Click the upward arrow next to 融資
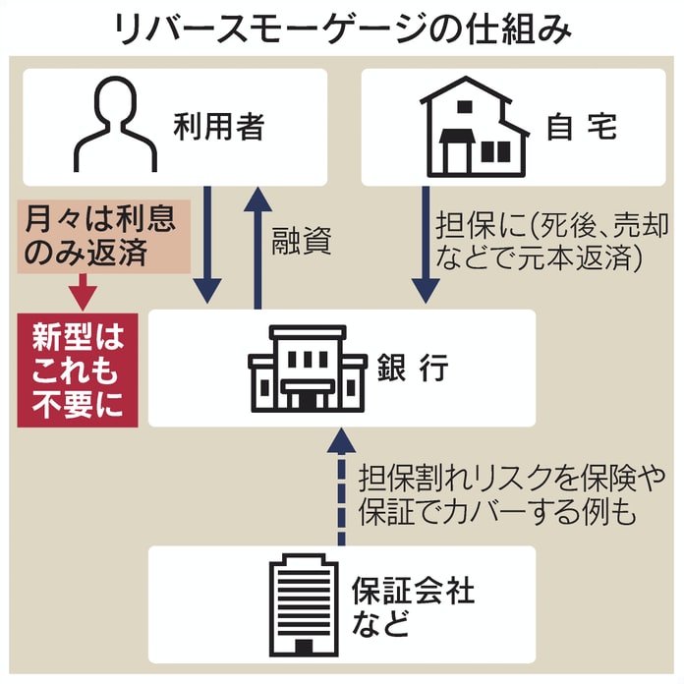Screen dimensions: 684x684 click(x=257, y=246)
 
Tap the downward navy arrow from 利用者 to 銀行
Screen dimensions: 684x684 click(x=208, y=246)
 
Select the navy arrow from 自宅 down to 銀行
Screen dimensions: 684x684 click(x=425, y=246)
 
